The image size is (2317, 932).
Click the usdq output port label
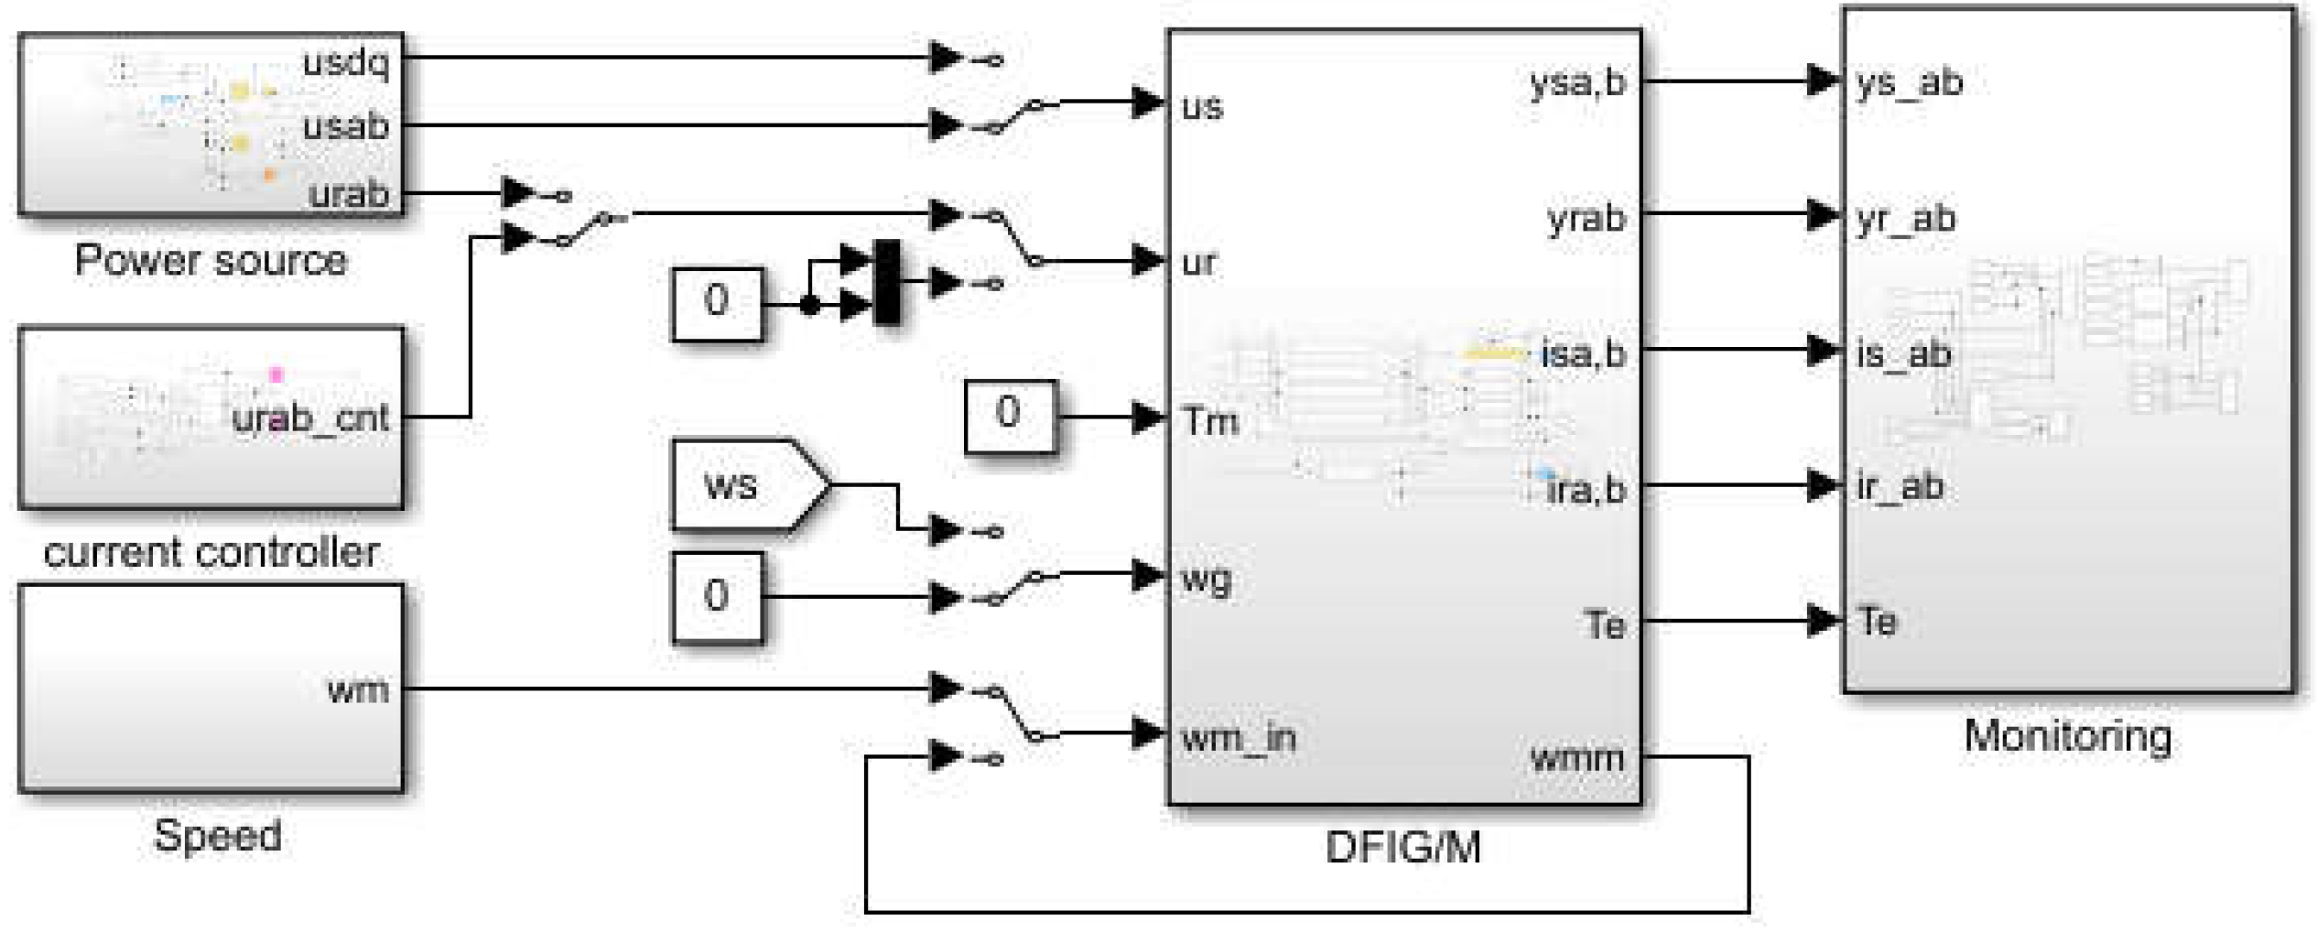point(346,63)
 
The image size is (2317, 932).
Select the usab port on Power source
point(346,126)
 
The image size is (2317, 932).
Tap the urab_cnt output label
point(311,418)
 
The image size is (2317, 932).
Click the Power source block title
point(211,261)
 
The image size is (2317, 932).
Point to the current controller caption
point(211,552)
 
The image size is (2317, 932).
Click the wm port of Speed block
point(358,688)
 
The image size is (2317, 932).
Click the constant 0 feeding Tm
point(1009,415)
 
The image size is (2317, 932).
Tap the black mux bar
point(886,282)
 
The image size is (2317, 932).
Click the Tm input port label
point(1210,421)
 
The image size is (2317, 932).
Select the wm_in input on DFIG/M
point(1239,737)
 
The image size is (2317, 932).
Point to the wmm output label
point(1576,757)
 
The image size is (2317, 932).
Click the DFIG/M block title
point(1402,847)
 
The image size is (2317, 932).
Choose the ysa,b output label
point(1578,82)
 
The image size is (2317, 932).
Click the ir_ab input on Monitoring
point(1900,486)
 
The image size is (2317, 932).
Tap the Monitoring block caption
point(2068,736)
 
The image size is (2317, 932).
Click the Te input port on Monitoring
point(1877,622)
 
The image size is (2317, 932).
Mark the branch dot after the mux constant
point(809,305)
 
